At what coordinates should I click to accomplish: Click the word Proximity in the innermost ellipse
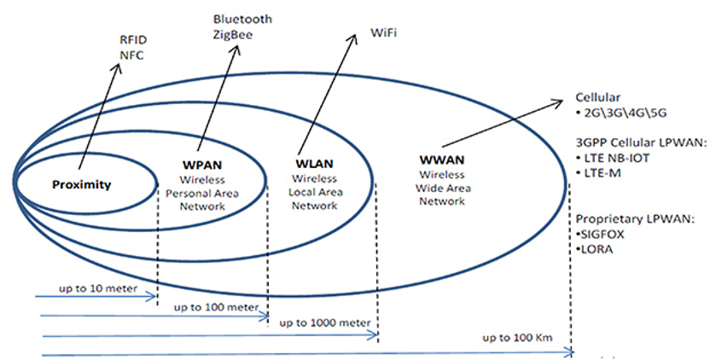(x=82, y=184)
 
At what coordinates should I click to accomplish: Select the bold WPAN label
(x=201, y=165)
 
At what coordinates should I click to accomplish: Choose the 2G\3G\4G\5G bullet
(x=623, y=113)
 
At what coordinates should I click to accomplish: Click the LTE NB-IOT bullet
(x=621, y=158)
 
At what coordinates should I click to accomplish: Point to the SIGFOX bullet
(x=606, y=234)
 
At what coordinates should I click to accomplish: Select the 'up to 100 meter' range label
(x=216, y=306)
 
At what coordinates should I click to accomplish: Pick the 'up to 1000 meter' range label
(x=325, y=322)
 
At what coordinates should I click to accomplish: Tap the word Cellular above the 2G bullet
(x=599, y=97)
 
